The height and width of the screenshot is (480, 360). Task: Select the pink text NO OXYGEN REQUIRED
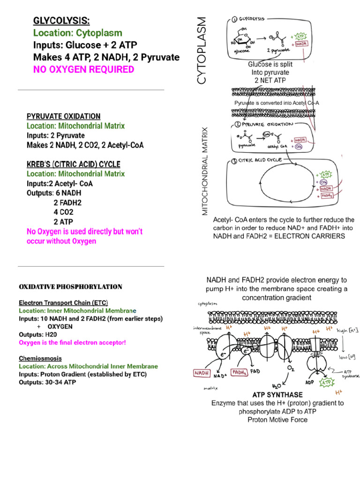pyautogui.click(x=83, y=69)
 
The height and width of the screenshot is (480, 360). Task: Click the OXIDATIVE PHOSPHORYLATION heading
pyautogui.click(x=70, y=286)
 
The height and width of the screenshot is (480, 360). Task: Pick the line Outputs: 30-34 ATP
pyautogui.click(x=47, y=382)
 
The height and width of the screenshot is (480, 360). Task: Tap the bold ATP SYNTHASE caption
pyautogui.click(x=277, y=395)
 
